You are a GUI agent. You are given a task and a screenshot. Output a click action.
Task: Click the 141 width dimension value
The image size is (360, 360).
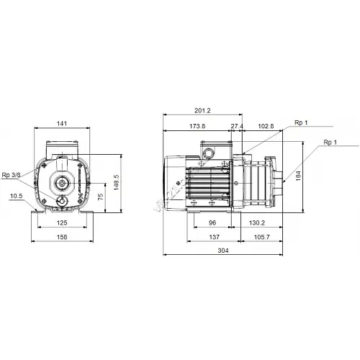point(63,125)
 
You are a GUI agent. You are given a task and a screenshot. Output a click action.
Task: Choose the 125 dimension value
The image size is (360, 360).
point(63,223)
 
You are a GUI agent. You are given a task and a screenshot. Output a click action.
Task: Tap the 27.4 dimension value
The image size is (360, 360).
point(237,126)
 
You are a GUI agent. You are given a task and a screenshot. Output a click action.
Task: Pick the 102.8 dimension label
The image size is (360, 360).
point(266,126)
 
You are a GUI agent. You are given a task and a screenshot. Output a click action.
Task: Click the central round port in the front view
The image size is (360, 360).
point(62,184)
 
